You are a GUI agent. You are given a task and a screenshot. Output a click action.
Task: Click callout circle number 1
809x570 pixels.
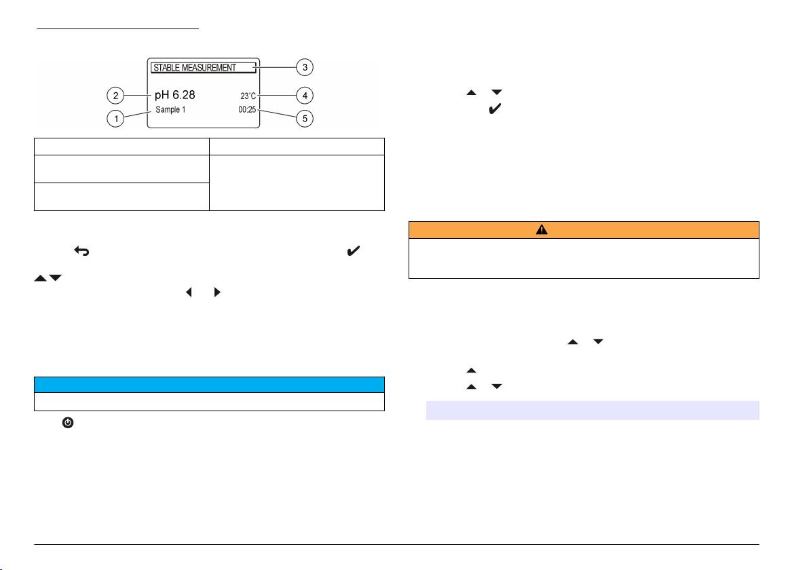[117, 119]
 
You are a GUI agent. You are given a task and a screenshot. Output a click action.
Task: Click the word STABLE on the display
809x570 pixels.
[167, 68]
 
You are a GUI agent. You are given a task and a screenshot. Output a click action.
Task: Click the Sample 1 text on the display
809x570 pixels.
[170, 109]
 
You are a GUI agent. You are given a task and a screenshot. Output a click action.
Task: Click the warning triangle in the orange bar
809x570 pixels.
[542, 230]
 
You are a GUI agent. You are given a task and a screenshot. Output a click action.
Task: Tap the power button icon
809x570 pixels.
[68, 422]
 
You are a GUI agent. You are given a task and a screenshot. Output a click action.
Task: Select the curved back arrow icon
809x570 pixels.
[79, 251]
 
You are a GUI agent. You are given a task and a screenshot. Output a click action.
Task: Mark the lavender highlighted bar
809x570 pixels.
[592, 411]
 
